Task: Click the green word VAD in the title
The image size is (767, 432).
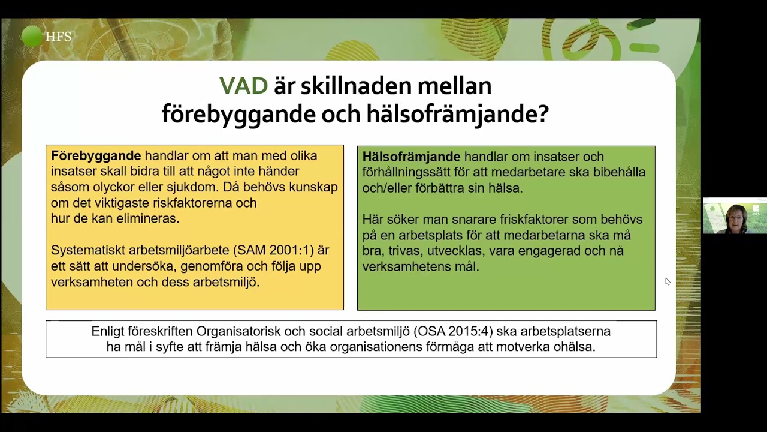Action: pyautogui.click(x=243, y=86)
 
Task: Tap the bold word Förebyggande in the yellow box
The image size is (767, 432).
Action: pyautogui.click(x=96, y=156)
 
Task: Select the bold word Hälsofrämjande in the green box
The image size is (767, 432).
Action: pyautogui.click(x=411, y=157)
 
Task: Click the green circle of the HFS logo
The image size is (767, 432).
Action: pyautogui.click(x=32, y=37)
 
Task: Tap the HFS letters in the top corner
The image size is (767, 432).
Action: pyautogui.click(x=58, y=37)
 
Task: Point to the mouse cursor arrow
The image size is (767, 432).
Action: pyautogui.click(x=668, y=281)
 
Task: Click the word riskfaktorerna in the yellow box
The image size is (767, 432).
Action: pyautogui.click(x=194, y=203)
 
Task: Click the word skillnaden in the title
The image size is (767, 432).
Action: pyautogui.click(x=349, y=86)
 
